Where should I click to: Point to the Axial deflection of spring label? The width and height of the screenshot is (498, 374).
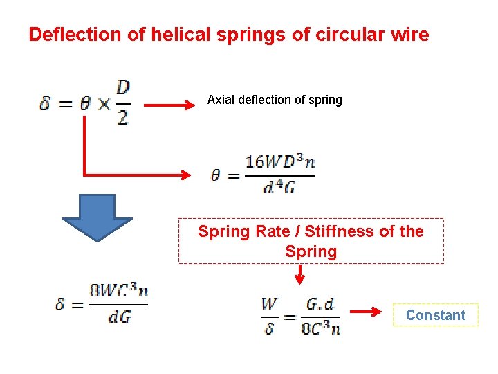tap(275, 100)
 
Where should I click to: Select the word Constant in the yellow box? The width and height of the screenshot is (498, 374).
tap(436, 315)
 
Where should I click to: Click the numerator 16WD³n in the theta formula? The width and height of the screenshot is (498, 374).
tap(280, 162)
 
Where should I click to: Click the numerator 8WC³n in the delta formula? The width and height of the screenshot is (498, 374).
tap(119, 292)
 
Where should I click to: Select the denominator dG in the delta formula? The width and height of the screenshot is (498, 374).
tap(119, 317)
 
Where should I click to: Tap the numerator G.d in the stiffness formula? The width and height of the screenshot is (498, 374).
tap(320, 304)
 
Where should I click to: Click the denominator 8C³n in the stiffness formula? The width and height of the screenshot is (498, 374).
tap(321, 328)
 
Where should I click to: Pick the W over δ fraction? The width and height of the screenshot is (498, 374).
tap(269, 315)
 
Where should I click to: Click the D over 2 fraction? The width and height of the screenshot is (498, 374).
tap(122, 103)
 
